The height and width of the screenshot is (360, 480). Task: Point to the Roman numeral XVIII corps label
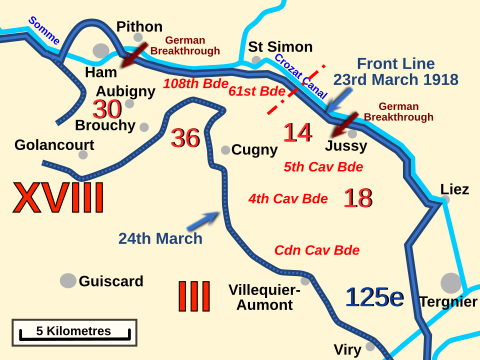pos(58,198)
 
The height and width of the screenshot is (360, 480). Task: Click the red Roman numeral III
pos(193,296)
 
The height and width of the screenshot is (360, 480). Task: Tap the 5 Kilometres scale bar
pos(74,331)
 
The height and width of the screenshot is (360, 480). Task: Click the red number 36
pos(185,138)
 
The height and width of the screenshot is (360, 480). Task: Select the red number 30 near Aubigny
pos(107,109)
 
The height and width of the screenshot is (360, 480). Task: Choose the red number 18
pos(357,198)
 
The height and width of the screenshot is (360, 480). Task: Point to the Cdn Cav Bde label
pos(317,250)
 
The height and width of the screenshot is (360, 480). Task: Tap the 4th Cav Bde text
pos(288,198)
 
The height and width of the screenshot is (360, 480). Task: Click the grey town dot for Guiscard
pos(68,281)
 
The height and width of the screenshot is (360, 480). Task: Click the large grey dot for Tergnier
pos(451,283)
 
